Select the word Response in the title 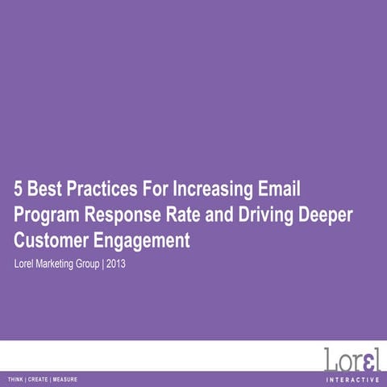click(127, 215)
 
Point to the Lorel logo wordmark click(352, 360)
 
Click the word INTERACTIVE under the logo click(352, 379)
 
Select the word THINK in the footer click(16, 379)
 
